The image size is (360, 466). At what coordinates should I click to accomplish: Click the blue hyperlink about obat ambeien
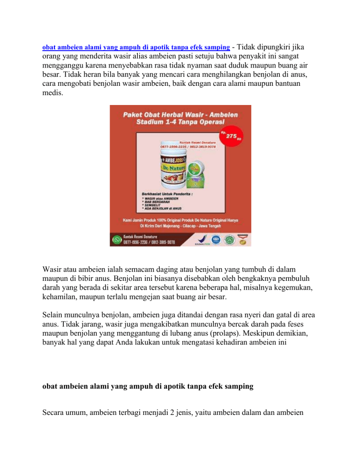pyautogui.click(x=136, y=48)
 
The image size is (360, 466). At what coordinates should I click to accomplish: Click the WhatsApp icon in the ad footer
pyautogui.click(x=117, y=239)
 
